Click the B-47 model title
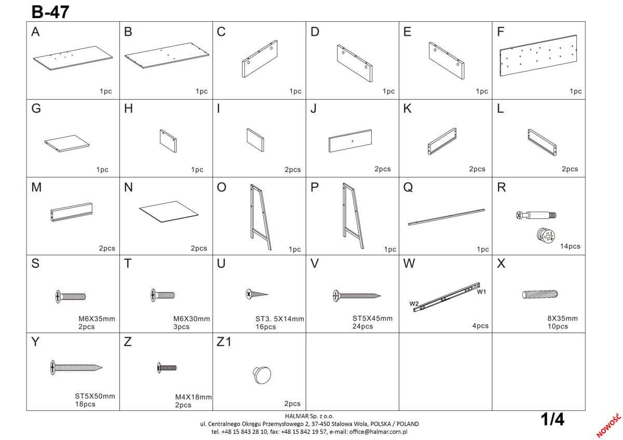[50, 12]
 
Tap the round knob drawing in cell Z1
[262, 375]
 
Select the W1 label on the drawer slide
[481, 292]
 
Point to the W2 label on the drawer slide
[414, 304]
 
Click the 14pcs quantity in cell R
[570, 246]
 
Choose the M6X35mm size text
[97, 319]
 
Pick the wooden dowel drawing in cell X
[540, 294]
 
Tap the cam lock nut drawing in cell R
[546, 236]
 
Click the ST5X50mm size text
[95, 396]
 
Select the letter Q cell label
[408, 188]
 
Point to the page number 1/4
[552, 419]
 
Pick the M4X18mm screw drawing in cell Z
[167, 368]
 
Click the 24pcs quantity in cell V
[363, 326]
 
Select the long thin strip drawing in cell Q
[446, 217]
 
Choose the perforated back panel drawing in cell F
[538, 56]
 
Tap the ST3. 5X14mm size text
[280, 319]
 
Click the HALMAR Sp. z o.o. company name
[309, 416]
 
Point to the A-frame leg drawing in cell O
[261, 217]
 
